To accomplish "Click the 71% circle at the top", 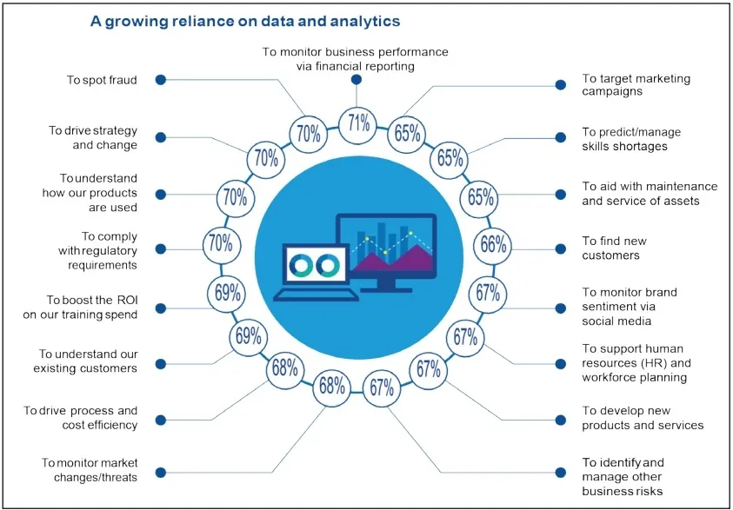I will tap(357, 123).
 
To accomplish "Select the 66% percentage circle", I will tap(492, 245).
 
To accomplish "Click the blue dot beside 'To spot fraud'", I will tap(161, 79).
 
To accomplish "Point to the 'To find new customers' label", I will tap(615, 248).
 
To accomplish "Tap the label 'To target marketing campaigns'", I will tap(624, 84).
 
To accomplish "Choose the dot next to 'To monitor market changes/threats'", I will tap(161, 473).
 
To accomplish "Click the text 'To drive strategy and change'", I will tap(93, 137).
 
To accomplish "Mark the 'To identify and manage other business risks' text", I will tap(623, 476).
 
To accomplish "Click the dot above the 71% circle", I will tap(357, 80).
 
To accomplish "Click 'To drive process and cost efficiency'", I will tap(81, 417).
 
